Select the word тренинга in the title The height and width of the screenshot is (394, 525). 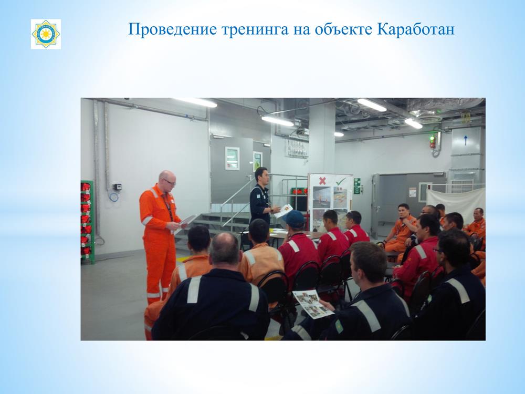(x=255, y=30)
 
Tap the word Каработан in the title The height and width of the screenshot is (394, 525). (x=415, y=29)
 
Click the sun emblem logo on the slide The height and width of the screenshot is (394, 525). (x=46, y=34)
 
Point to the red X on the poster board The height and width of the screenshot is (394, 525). (x=322, y=181)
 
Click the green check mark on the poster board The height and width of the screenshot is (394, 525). (x=341, y=181)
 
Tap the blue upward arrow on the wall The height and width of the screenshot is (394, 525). (x=465, y=140)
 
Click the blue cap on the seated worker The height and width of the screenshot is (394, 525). (x=294, y=219)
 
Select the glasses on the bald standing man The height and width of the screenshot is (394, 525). (x=170, y=182)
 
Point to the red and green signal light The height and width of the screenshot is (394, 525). (x=432, y=142)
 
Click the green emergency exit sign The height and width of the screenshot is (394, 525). (x=357, y=186)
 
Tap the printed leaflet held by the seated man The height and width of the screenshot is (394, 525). (x=313, y=304)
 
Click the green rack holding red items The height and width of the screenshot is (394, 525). (x=87, y=221)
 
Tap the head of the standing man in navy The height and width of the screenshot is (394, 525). (x=261, y=176)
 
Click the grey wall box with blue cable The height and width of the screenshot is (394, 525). (x=117, y=187)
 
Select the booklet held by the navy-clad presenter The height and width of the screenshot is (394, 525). (x=283, y=211)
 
